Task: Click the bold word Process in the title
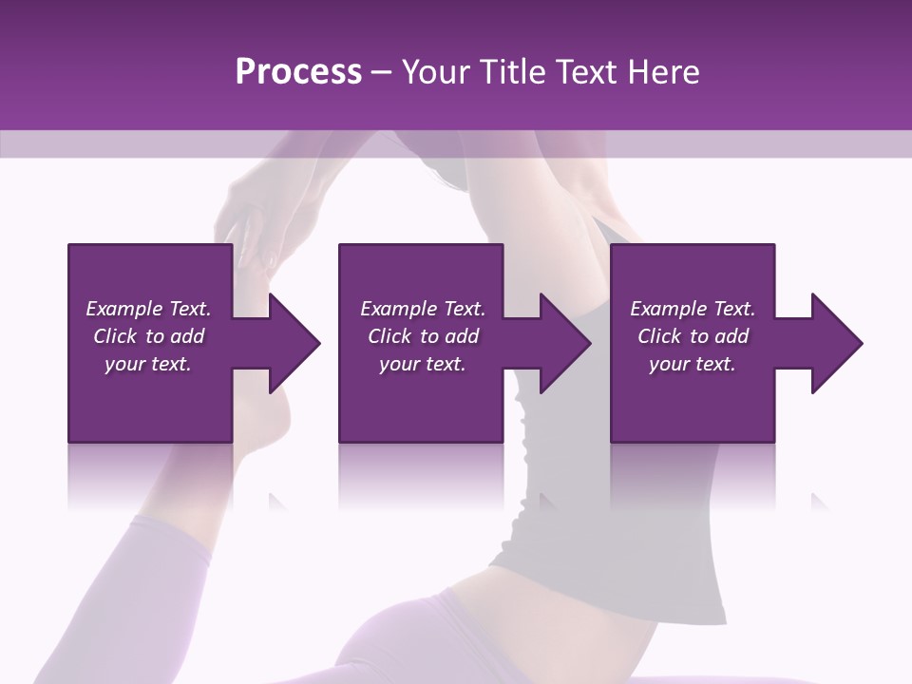coord(298,72)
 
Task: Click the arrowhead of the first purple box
coord(294,343)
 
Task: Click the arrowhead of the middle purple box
coord(566,343)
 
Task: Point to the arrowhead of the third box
coord(837,343)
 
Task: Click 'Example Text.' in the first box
coord(148,309)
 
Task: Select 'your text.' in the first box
coord(148,364)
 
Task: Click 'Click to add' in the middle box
coord(423,336)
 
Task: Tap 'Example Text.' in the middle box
coord(423,309)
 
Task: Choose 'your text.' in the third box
coord(693,364)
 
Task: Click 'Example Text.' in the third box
coord(693,309)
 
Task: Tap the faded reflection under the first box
coord(150,475)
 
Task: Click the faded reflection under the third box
coord(693,475)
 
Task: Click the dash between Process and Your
coord(381,72)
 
